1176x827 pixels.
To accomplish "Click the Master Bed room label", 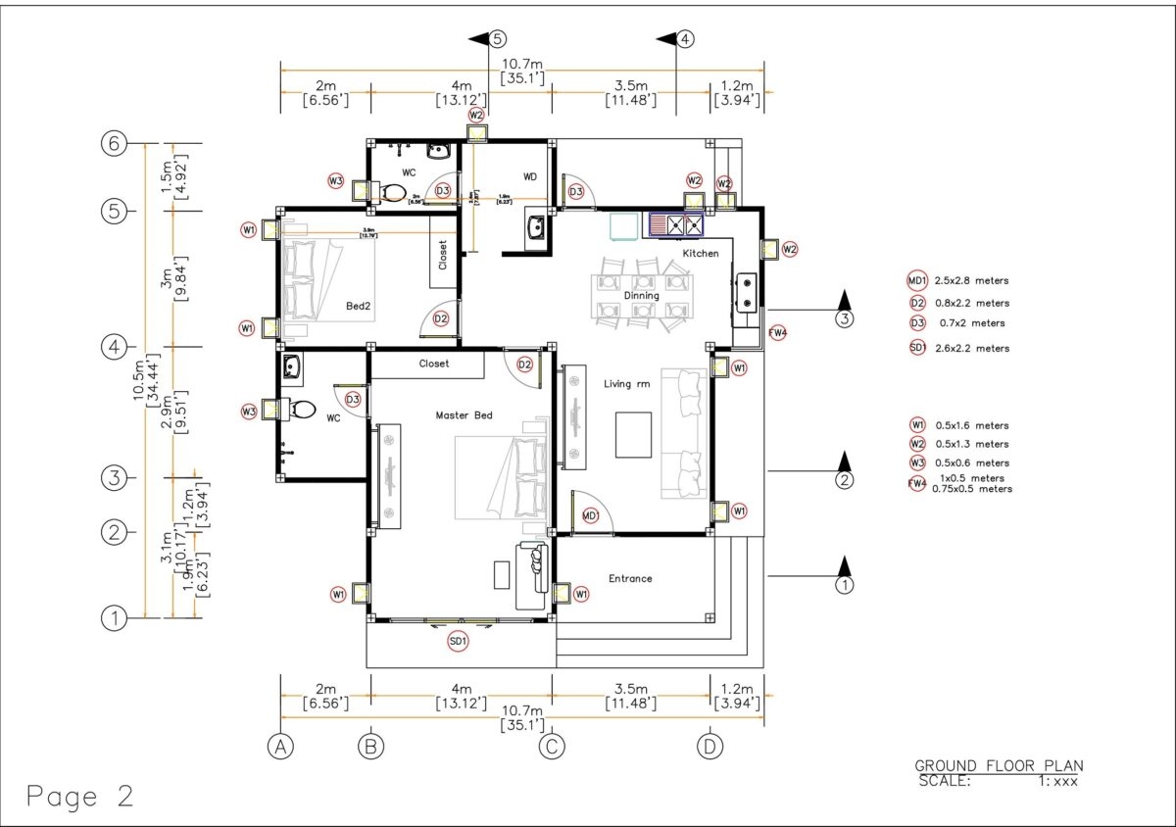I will [464, 415].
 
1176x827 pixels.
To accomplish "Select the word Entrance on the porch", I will [630, 578].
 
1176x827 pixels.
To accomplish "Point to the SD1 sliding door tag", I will [457, 641].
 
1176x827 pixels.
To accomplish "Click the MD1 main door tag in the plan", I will [590, 515].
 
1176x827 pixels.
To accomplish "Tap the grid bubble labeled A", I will [280, 747].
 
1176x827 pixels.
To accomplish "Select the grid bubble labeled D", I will [710, 747].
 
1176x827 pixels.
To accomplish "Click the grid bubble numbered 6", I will [116, 143].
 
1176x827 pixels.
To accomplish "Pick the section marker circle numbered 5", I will [497, 39].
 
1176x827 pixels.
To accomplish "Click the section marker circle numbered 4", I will [685, 39].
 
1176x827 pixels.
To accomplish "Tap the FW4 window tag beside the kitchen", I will [778, 332].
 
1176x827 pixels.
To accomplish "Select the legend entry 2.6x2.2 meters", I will [972, 348].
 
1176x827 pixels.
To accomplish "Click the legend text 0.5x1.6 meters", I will [972, 425].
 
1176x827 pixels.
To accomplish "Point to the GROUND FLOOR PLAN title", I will [999, 765].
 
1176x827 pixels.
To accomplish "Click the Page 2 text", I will [80, 797].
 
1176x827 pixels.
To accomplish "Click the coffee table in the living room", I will [633, 435].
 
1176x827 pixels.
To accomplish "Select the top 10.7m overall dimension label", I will [522, 65].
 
